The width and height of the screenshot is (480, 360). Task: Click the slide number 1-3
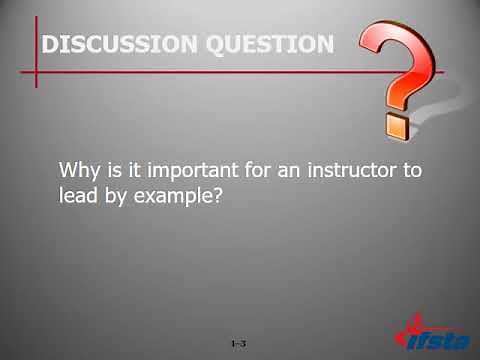[238, 343]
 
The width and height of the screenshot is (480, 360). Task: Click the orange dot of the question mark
[396, 127]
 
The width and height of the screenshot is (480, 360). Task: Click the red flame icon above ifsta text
[418, 322]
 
